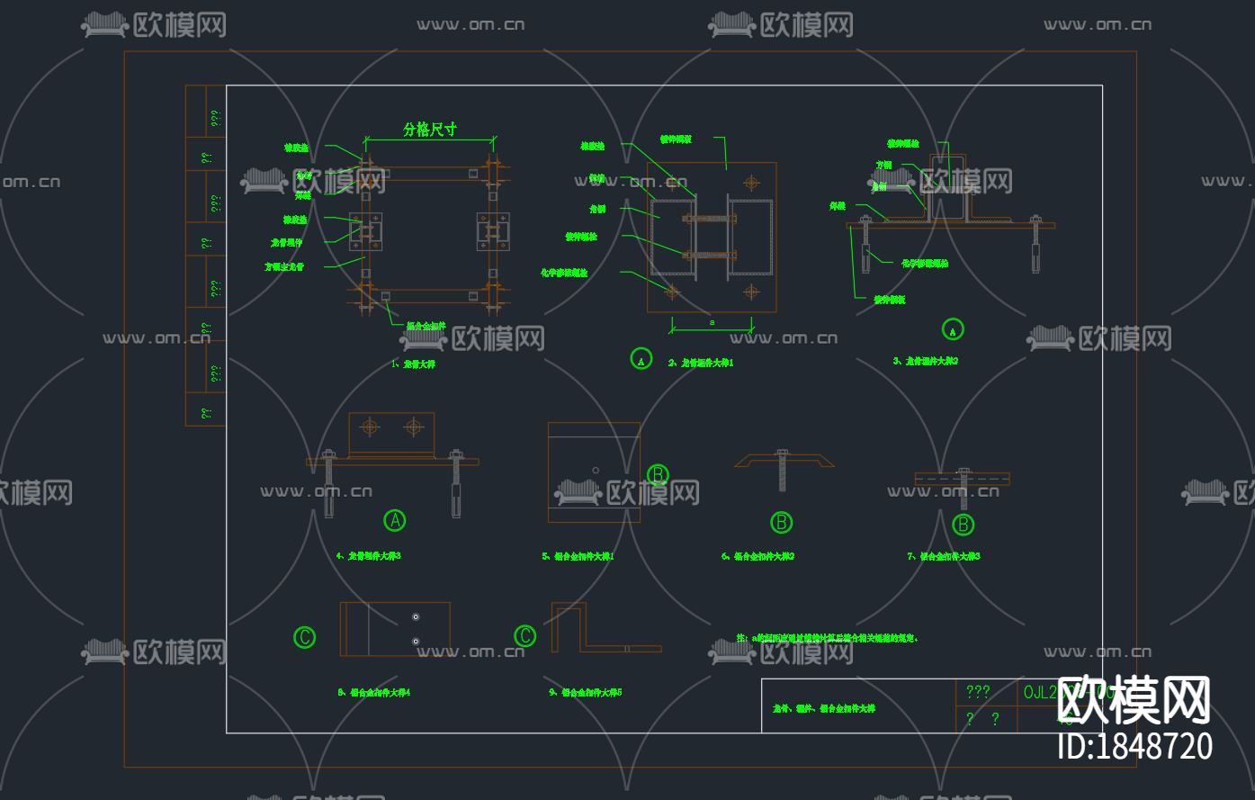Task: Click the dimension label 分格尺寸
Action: pyautogui.click(x=429, y=130)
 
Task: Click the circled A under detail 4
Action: pyautogui.click(x=394, y=520)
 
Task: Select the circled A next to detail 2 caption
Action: pyautogui.click(x=641, y=359)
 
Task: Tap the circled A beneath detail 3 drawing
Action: pyautogui.click(x=953, y=329)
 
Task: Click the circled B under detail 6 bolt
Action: pyautogui.click(x=781, y=522)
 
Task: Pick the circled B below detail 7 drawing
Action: pyautogui.click(x=963, y=524)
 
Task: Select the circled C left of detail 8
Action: pyautogui.click(x=304, y=637)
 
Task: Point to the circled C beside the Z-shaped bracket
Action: pyautogui.click(x=524, y=636)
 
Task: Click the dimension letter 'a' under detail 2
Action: pyautogui.click(x=712, y=321)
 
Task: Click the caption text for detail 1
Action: pyautogui.click(x=413, y=364)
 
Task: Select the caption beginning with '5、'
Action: pyautogui.click(x=578, y=556)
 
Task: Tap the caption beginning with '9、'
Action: pyautogui.click(x=585, y=693)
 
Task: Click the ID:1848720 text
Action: pyautogui.click(x=1134, y=747)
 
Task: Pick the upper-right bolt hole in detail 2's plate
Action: pyautogui.click(x=752, y=183)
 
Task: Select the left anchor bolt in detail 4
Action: pyautogui.click(x=328, y=486)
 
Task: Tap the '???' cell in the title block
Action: pyautogui.click(x=978, y=691)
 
